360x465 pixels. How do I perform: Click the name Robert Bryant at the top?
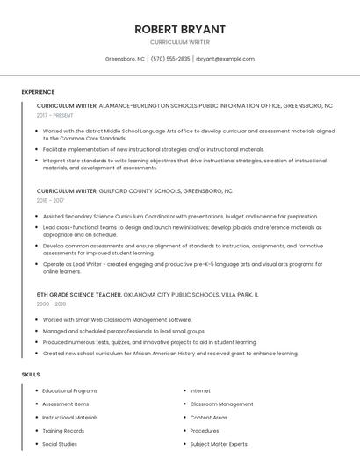tap(180, 29)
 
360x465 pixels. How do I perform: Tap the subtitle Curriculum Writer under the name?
tap(180, 42)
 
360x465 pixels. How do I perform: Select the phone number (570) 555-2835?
tap(170, 59)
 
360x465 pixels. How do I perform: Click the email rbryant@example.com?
tap(225, 59)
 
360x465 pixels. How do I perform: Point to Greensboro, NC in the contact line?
tap(125, 59)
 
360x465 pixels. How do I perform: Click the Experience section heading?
tap(38, 92)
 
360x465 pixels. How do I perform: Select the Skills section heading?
tap(30, 375)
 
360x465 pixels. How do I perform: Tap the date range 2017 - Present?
tap(54, 115)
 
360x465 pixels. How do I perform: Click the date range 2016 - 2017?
tap(51, 200)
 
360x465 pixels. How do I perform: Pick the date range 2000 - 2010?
tap(51, 304)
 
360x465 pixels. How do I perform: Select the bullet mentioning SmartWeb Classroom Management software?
tap(117, 319)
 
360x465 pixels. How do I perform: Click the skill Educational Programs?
tap(69, 390)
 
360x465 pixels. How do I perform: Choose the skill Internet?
tap(200, 390)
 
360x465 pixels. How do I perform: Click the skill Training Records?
tap(63, 431)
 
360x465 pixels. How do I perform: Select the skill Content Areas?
tap(208, 418)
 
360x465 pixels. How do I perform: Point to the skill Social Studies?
tap(60, 444)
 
